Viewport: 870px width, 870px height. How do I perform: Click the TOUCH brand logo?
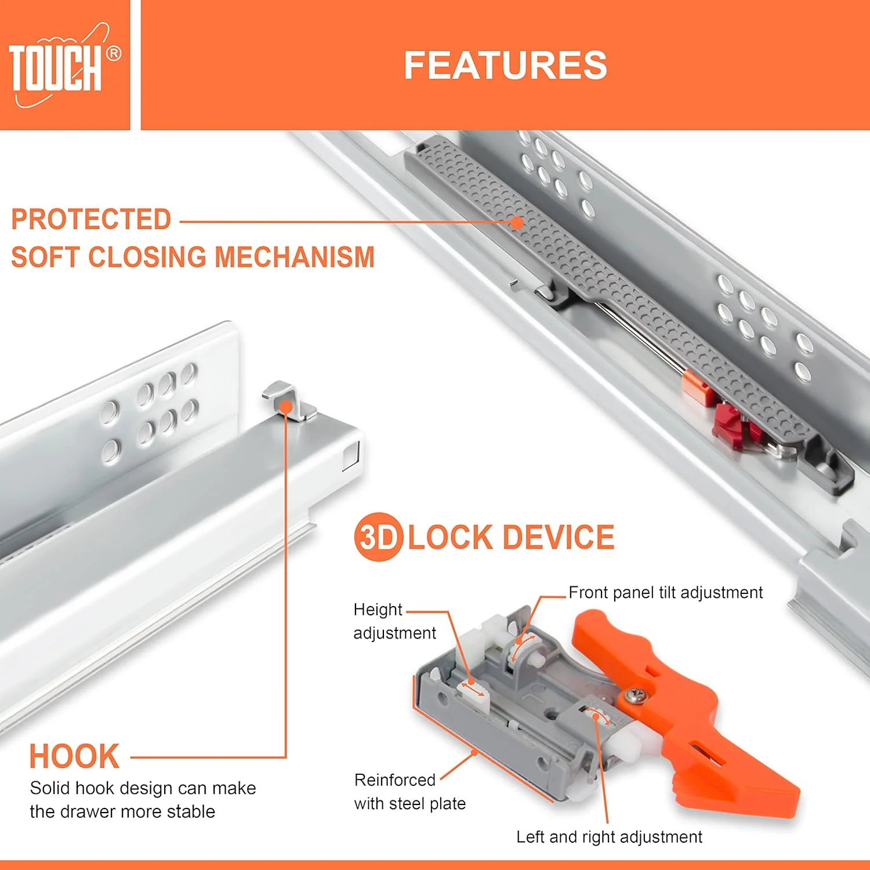coord(64,66)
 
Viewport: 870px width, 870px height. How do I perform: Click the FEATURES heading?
coord(505,65)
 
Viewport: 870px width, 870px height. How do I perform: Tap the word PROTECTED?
coord(91,219)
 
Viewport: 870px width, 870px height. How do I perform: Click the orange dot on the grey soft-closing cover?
coord(517,222)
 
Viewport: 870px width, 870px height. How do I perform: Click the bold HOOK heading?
coord(74,756)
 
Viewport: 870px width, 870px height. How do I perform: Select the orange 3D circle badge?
coord(378,537)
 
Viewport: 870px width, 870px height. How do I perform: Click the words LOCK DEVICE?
coord(511,538)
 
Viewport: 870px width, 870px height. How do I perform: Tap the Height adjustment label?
coord(394,621)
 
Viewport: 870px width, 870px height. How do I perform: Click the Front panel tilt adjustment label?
coord(665,592)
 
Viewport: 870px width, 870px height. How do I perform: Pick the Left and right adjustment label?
coord(609,837)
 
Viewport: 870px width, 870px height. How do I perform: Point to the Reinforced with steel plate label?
coord(410,792)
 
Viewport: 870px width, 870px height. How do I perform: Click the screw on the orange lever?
coord(634,694)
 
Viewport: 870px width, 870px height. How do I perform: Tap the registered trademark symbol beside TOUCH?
coord(114,53)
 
